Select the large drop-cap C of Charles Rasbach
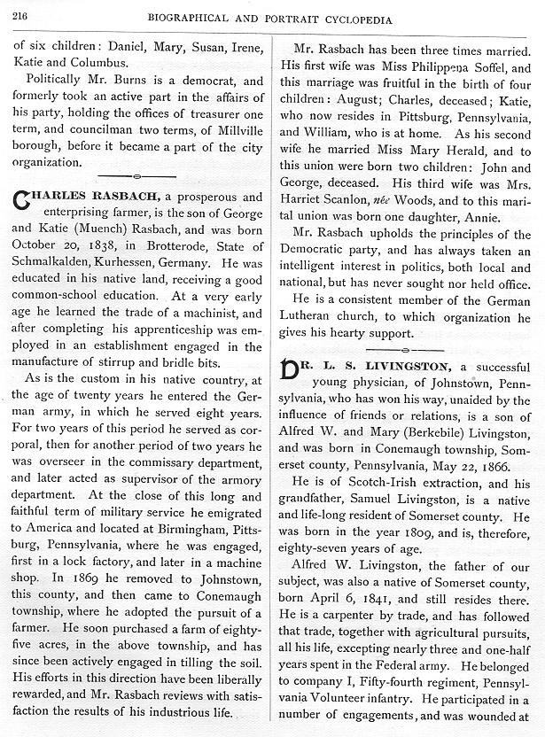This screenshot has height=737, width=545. [22, 202]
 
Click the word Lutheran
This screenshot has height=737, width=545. [311, 314]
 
